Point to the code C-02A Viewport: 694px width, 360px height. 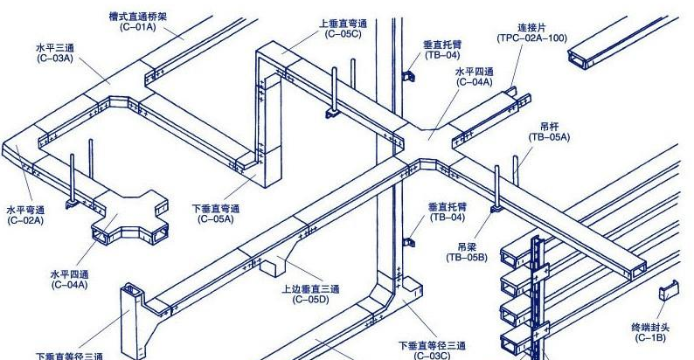tap(25, 220)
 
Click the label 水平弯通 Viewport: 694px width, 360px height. tap(25, 210)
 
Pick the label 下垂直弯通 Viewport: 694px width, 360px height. tap(215, 209)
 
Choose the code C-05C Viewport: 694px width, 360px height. tap(344, 33)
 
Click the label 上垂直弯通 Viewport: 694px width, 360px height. tap(344, 23)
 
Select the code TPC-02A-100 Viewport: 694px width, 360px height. tap(531, 38)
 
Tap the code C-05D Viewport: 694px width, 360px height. tap(305, 299)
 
